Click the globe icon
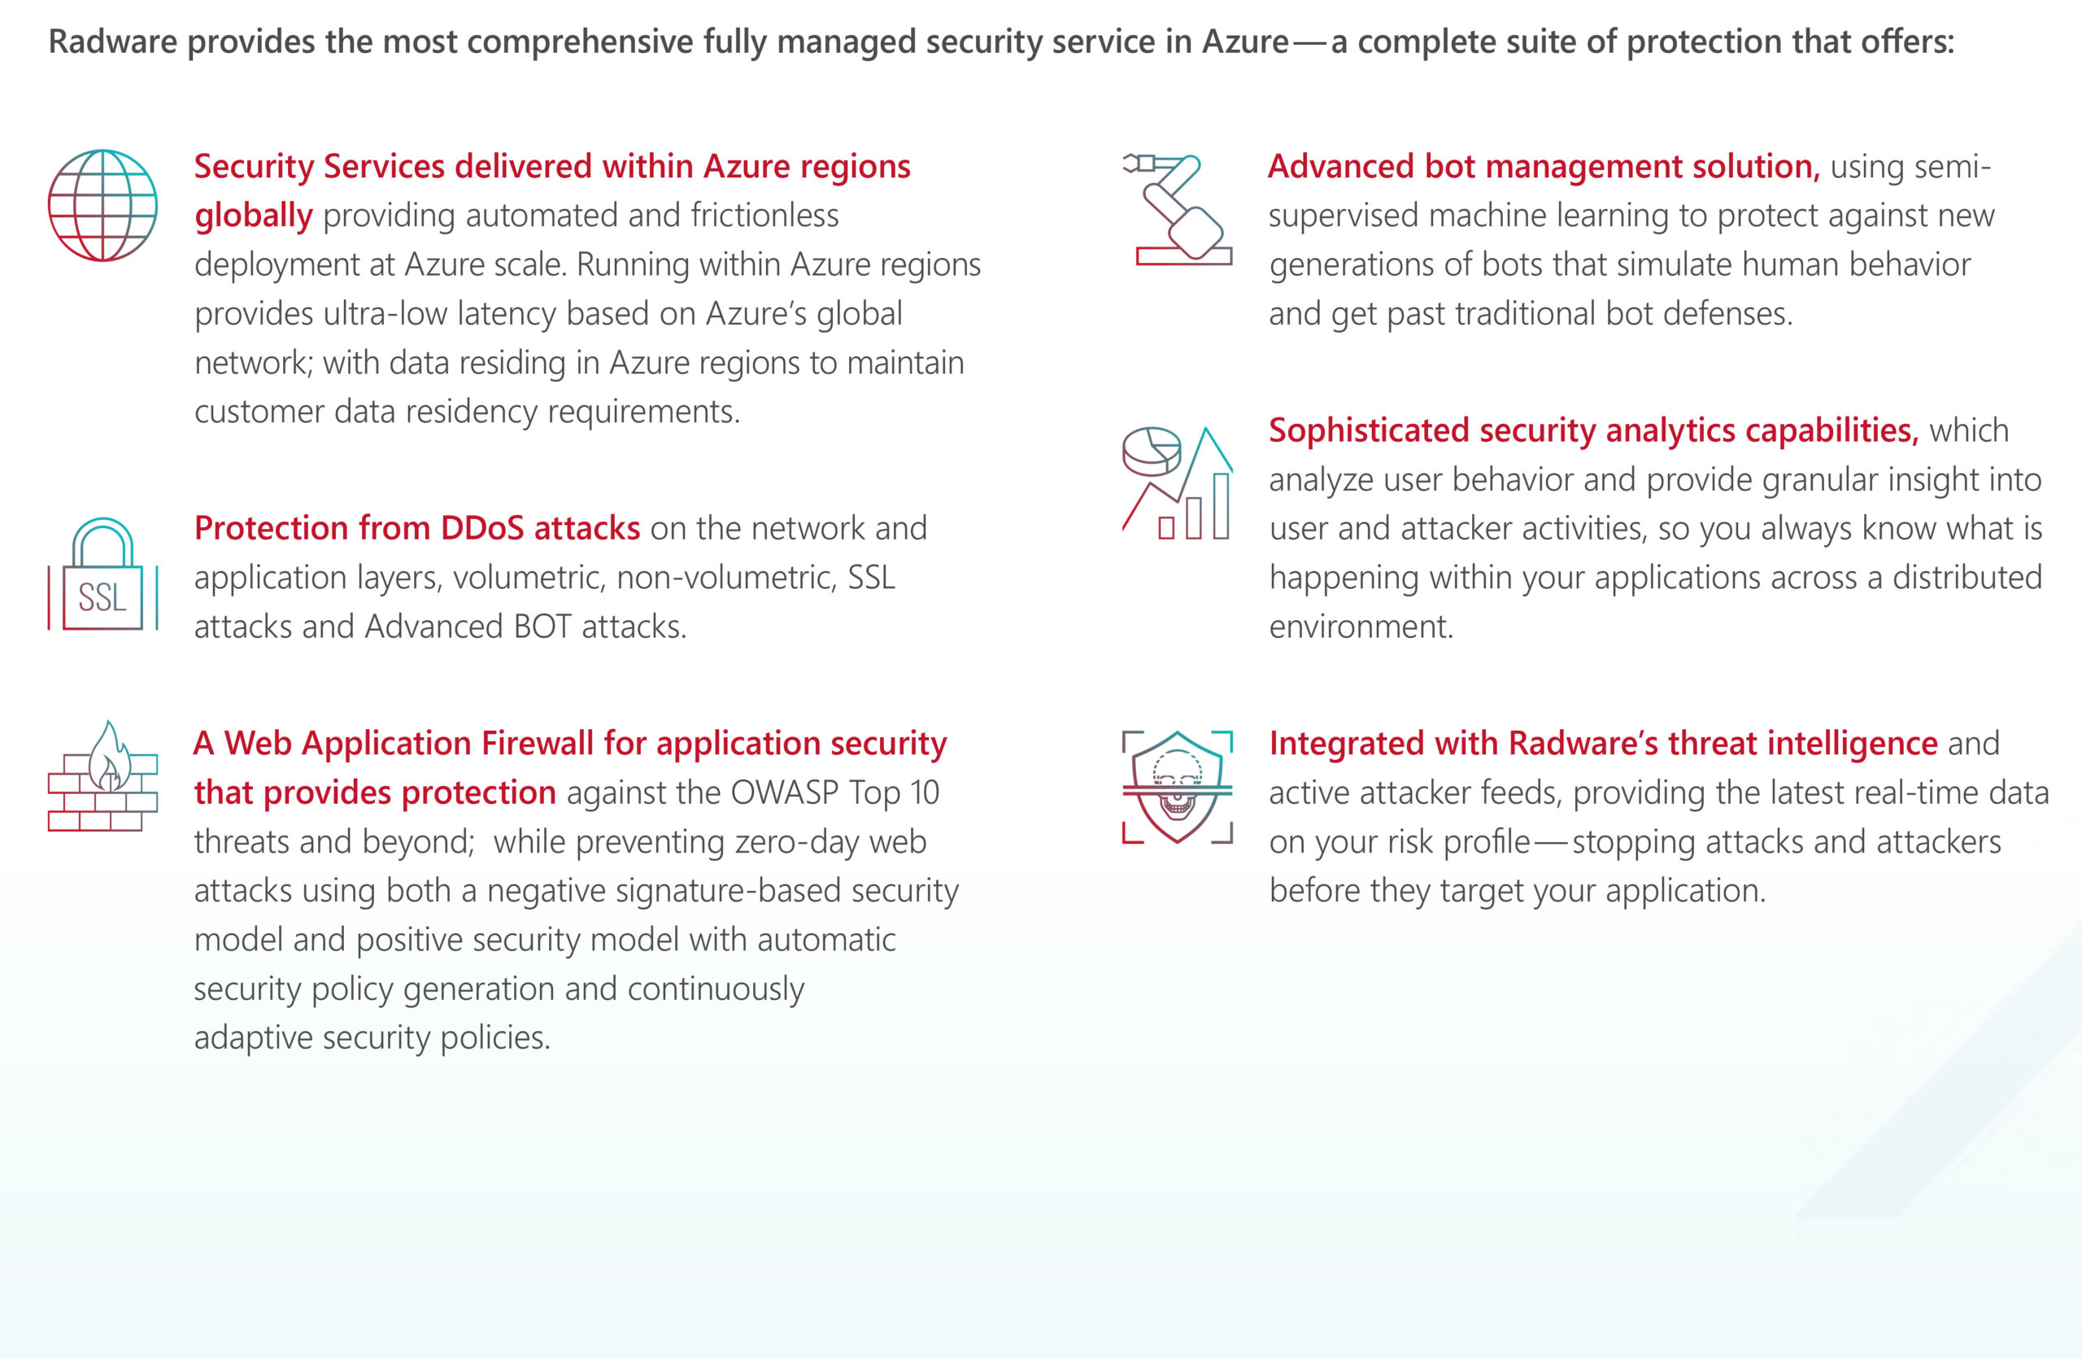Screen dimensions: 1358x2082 coord(102,206)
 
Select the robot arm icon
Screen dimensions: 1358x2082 coord(1178,210)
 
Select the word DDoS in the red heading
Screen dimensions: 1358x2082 coord(482,529)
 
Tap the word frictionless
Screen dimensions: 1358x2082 coord(764,216)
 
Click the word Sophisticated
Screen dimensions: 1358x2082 coord(1369,430)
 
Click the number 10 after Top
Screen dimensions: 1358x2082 coord(924,793)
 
